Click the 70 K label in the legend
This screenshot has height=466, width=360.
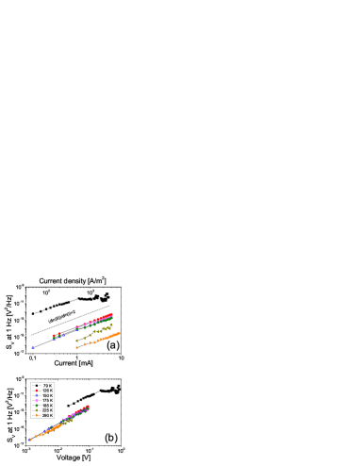pyautogui.click(x=47, y=386)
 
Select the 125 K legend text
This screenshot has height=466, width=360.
pyautogui.click(x=47, y=391)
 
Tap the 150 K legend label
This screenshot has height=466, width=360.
pyautogui.click(x=47, y=395)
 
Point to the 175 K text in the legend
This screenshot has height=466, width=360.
pyautogui.click(x=47, y=401)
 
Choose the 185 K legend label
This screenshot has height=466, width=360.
pyautogui.click(x=47, y=406)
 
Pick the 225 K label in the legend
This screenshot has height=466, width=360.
pyautogui.click(x=47, y=410)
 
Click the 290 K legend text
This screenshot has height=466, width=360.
pyautogui.click(x=47, y=415)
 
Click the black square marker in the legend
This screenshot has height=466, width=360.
pyautogui.click(x=37, y=386)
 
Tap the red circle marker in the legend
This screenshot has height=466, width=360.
pyautogui.click(x=37, y=391)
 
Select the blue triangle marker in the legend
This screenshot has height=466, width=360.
pyautogui.click(x=37, y=395)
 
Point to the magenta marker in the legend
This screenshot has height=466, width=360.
pyautogui.click(x=37, y=401)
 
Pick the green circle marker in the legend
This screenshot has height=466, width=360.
pyautogui.click(x=37, y=406)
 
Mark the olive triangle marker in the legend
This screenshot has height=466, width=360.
pyautogui.click(x=37, y=410)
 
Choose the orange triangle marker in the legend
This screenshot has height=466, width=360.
pyautogui.click(x=37, y=415)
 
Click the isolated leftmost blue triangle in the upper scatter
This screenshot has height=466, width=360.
pyautogui.click(x=32, y=347)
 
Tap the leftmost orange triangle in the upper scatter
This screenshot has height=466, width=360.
pyautogui.click(x=76, y=347)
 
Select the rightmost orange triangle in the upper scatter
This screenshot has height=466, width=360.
pyautogui.click(x=119, y=333)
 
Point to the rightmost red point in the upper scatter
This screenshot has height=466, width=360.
pyautogui.click(x=111, y=314)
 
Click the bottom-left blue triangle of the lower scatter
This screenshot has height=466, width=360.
pyautogui.click(x=30, y=439)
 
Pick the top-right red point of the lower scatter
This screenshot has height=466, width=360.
pyautogui.click(x=89, y=407)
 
